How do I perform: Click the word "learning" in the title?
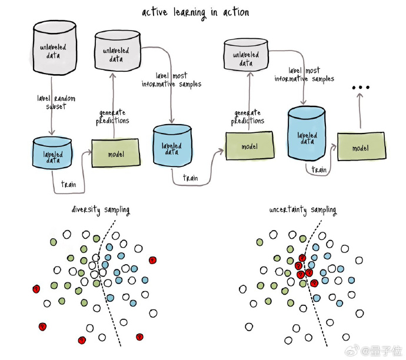coord(190,13)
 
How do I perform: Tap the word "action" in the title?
coord(236,12)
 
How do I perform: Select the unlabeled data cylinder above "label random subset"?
coord(55,48)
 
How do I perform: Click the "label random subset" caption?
coord(56,102)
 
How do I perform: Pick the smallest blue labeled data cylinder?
coord(52,153)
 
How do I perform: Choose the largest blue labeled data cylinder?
coord(307,134)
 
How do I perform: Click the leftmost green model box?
coord(116,153)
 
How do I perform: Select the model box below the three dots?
coord(361,146)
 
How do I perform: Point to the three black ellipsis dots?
coord(361,88)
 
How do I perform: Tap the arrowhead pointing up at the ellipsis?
coord(360,95)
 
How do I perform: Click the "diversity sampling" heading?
coord(101,210)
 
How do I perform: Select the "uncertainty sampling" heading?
coord(302,210)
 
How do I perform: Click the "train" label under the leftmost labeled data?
coord(69,184)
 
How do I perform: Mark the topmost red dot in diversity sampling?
coord(152,260)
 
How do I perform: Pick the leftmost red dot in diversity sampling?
coord(36,289)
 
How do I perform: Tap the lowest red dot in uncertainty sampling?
coord(314,283)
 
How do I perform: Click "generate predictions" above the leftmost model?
coord(112,117)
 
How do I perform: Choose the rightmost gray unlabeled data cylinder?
coord(246,55)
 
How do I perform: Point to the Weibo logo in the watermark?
coord(352,351)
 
